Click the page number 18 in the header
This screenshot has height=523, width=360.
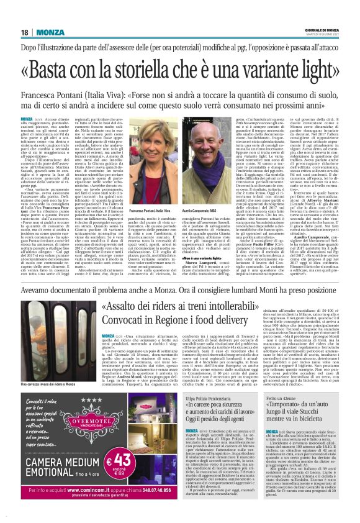click(x=24, y=32)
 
